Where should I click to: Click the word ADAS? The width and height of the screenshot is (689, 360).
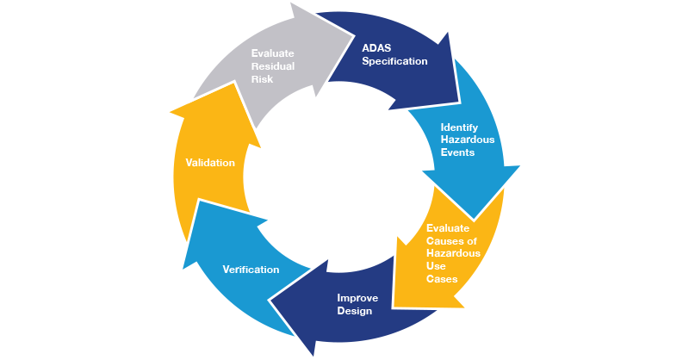coord(377,48)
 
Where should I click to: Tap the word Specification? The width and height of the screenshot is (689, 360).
coord(395,61)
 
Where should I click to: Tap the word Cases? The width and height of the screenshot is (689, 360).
coord(442,279)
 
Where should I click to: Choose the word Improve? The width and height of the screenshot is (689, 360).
coord(356,298)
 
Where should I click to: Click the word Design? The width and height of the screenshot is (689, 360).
coord(355,311)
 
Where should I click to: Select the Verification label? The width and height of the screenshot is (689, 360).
coord(251,270)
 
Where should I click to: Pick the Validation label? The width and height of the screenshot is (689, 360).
coord(210,162)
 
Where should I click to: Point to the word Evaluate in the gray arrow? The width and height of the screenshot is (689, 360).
coord(274,53)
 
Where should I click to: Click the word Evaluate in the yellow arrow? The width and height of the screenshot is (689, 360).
coord(448,227)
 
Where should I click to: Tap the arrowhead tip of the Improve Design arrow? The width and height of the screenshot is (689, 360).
coord(270,300)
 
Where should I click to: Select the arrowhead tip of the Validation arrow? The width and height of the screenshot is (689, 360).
coord(171,111)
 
